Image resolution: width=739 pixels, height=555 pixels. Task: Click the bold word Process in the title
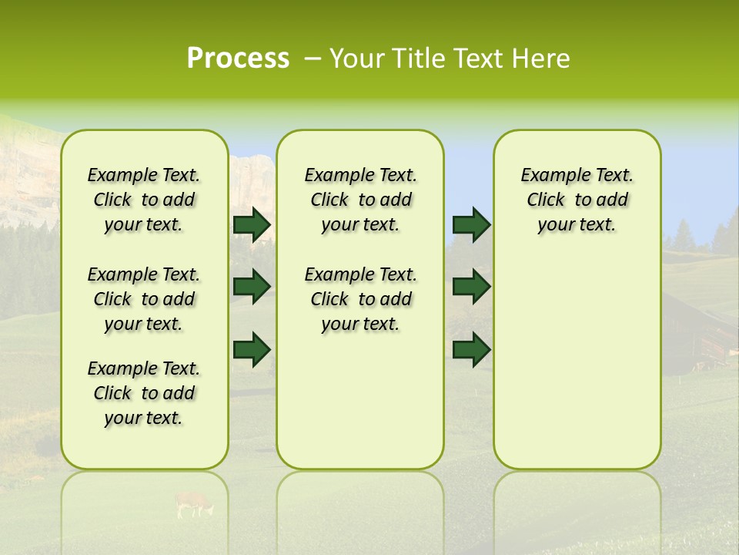[x=238, y=59]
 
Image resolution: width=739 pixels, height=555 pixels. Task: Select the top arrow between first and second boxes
[x=252, y=224]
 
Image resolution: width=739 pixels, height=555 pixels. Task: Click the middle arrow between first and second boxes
[x=252, y=287]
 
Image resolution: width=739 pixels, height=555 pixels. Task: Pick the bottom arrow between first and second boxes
[x=252, y=349]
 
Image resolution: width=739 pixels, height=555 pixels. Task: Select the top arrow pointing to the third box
[x=471, y=224]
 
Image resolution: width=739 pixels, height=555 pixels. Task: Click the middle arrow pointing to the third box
[x=471, y=287]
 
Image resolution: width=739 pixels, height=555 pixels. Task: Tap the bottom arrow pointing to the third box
[x=471, y=349]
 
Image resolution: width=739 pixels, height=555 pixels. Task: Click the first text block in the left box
[x=144, y=200]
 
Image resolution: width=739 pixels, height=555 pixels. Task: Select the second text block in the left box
[x=144, y=299]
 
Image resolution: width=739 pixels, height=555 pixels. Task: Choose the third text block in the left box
[x=144, y=393]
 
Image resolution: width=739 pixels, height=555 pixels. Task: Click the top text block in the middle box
[x=360, y=200]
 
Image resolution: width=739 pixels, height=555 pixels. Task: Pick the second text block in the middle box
[x=360, y=299]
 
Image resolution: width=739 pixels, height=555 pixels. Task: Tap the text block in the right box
[x=577, y=200]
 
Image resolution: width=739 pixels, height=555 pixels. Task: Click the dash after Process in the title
[x=313, y=59]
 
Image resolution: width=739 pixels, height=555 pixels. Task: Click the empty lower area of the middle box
[x=360, y=401]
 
